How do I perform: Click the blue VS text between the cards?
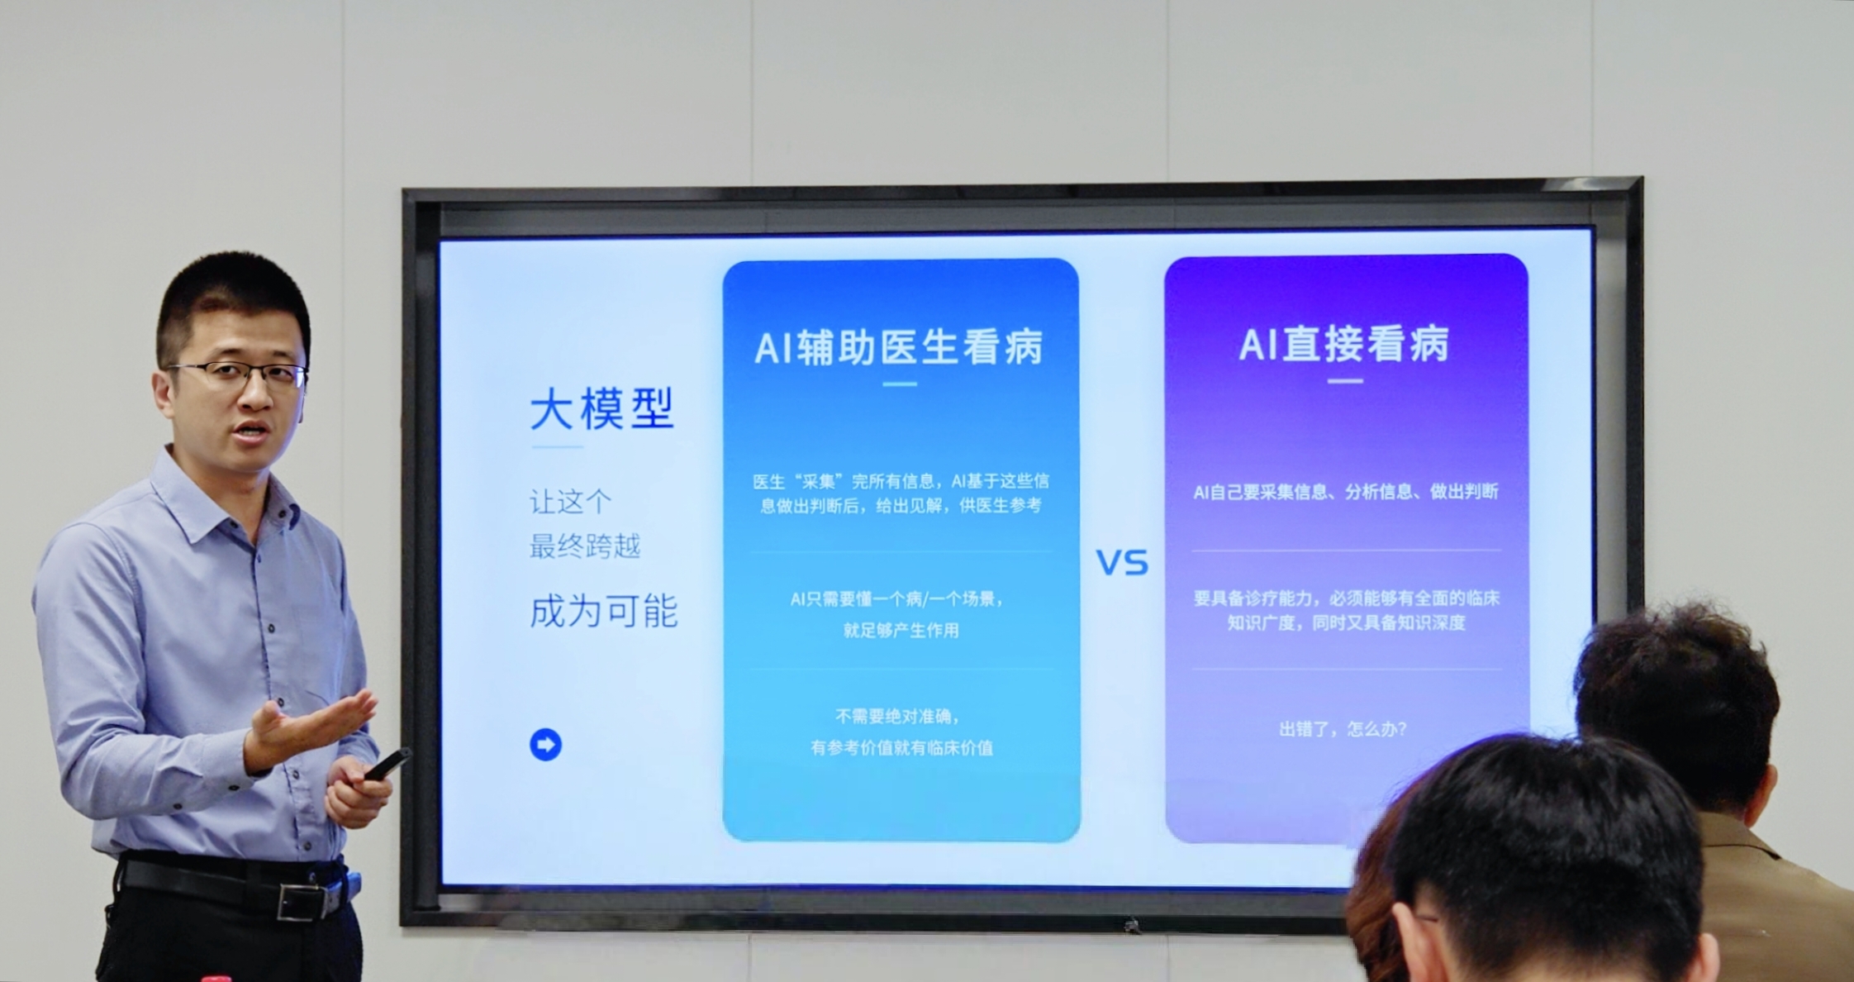(x=1122, y=563)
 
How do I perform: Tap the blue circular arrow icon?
(x=545, y=744)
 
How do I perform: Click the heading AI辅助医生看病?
(x=900, y=347)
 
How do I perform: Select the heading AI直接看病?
(x=1344, y=345)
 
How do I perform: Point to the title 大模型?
(x=602, y=409)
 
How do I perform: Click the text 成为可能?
(x=603, y=612)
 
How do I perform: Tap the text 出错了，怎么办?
(x=1343, y=729)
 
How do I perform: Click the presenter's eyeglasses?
(x=240, y=374)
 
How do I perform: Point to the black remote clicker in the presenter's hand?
(x=387, y=765)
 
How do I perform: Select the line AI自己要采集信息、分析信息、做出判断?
(x=1345, y=492)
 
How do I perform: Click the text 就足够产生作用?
(x=901, y=631)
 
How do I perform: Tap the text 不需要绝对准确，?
(x=897, y=716)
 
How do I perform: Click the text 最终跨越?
(x=585, y=546)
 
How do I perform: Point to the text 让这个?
(x=570, y=502)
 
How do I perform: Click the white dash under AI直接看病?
(x=1345, y=381)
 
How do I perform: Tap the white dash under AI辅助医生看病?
(x=900, y=384)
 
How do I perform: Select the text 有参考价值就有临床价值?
(x=901, y=748)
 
